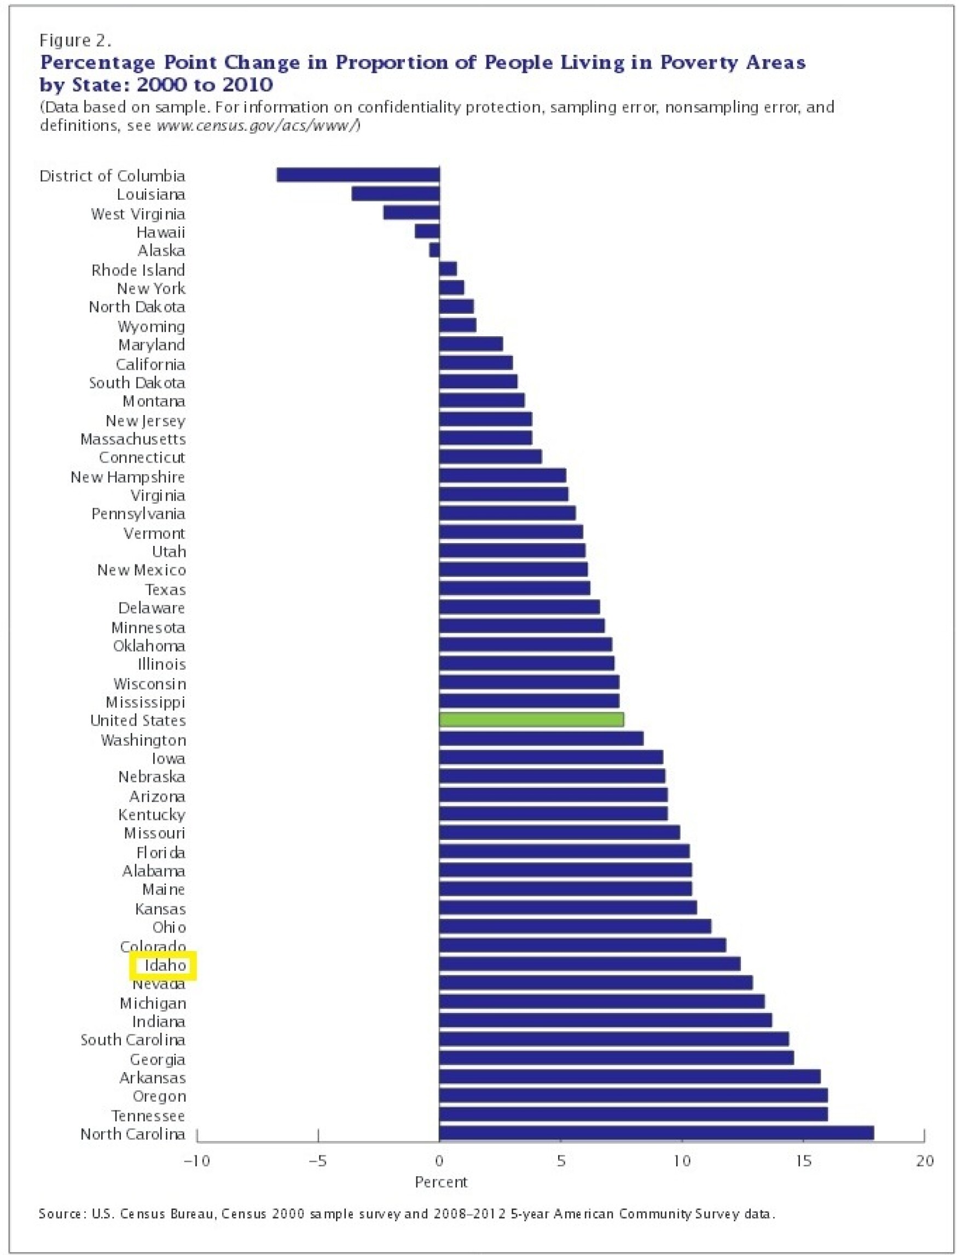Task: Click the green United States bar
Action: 531,719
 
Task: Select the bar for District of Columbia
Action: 358,174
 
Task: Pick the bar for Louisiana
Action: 395,193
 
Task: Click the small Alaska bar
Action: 434,250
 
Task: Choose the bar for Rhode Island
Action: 448,268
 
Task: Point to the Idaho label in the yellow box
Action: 165,965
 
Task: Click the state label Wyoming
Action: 152,326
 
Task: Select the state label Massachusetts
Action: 133,439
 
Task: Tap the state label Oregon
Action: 159,1096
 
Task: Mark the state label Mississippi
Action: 146,701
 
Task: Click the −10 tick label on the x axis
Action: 196,1160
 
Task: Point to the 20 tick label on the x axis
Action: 925,1160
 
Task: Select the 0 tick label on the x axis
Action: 439,1160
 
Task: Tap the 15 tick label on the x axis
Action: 804,1160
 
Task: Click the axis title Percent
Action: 441,1182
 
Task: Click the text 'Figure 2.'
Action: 75,40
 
